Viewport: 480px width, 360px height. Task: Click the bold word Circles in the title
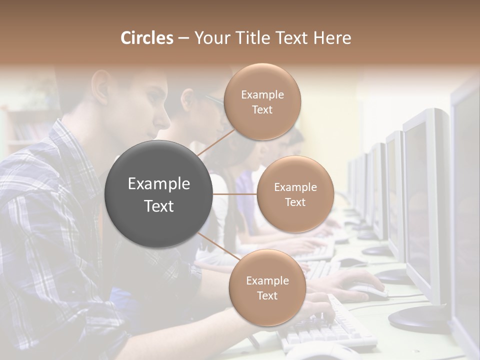click(146, 38)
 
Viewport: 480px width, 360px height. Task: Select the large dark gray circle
click(159, 194)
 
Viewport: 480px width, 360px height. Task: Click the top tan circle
click(262, 101)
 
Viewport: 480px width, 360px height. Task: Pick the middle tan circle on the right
click(295, 194)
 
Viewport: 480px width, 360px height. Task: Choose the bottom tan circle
click(267, 287)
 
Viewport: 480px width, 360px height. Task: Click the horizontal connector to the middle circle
click(234, 193)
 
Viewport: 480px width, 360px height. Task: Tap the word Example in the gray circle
click(159, 184)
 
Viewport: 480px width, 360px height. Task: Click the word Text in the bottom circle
click(267, 295)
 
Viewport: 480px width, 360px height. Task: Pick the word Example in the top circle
click(262, 95)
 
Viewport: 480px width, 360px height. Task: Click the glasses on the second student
click(214, 100)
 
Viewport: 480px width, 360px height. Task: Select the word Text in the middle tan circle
click(295, 202)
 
